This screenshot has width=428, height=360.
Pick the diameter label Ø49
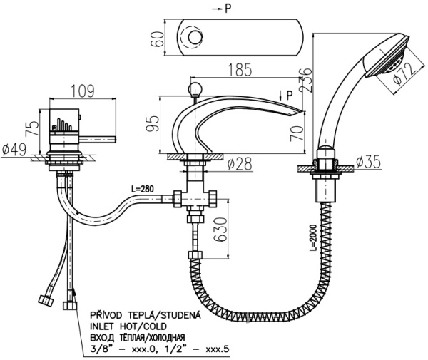tap(14, 150)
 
